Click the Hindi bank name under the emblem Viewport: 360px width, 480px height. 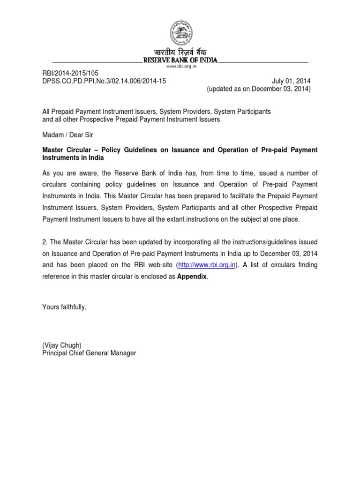tap(180, 52)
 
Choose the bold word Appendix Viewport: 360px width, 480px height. tap(192, 276)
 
